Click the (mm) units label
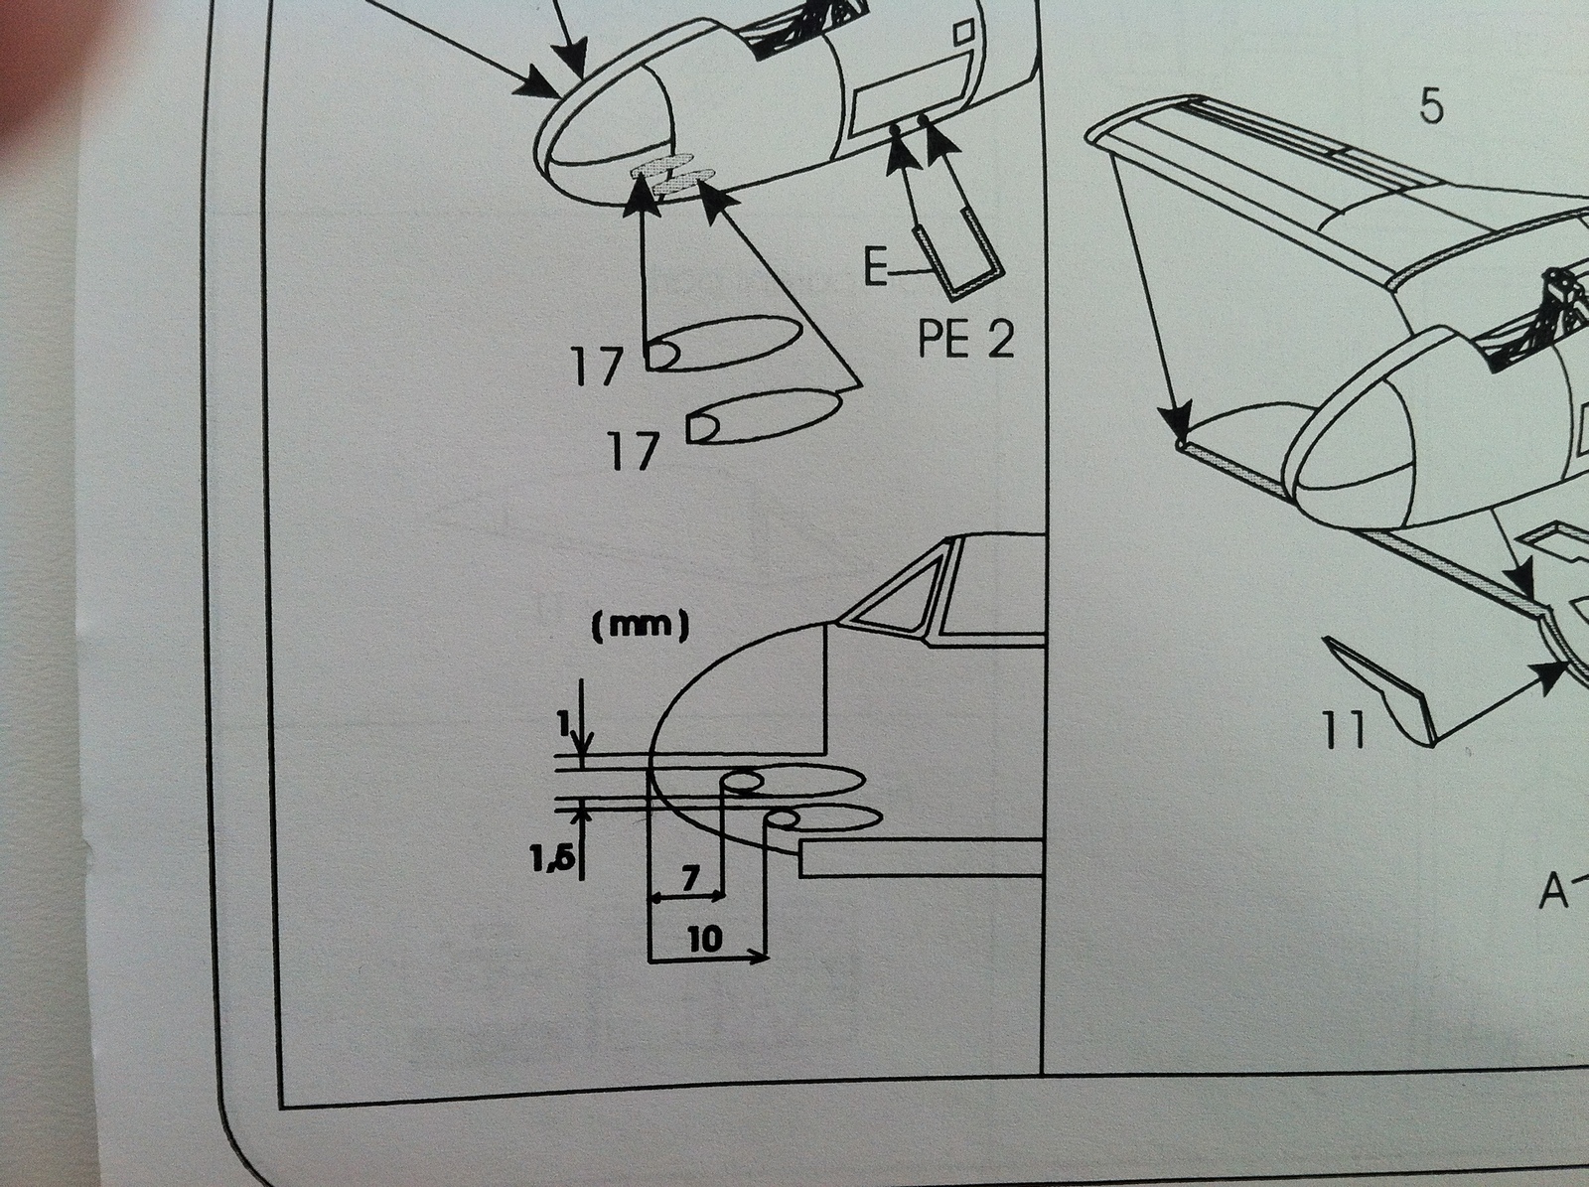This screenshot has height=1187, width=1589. point(640,629)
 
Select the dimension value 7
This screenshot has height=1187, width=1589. point(690,877)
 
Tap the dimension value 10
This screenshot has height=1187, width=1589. point(704,939)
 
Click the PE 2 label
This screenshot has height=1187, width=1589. point(965,340)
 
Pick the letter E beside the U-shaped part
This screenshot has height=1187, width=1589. point(875,268)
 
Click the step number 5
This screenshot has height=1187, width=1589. point(1430,106)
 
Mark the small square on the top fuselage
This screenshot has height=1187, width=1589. point(963,34)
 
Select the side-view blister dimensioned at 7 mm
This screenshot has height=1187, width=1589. point(794,781)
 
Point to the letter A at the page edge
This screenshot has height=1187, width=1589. point(1553,893)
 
